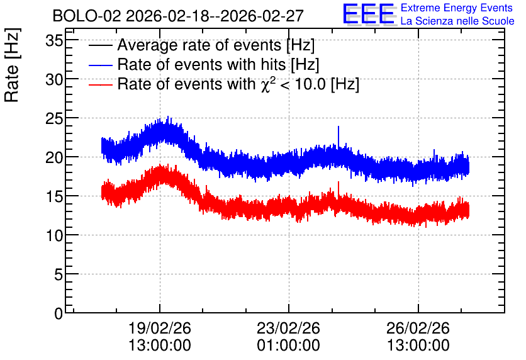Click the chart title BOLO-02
87,16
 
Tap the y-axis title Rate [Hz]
12,65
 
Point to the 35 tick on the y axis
54,41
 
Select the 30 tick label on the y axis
54,80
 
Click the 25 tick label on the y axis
54,119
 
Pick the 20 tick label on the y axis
54,158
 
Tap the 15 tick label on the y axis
54,197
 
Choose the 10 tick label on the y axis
54,236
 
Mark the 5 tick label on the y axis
59,275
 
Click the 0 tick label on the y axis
59,313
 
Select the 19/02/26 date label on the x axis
160,328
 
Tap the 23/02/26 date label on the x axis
289,328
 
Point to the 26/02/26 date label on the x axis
418,328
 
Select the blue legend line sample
100,65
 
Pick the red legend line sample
100,84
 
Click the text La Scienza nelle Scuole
457,21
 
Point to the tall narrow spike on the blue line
339,137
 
